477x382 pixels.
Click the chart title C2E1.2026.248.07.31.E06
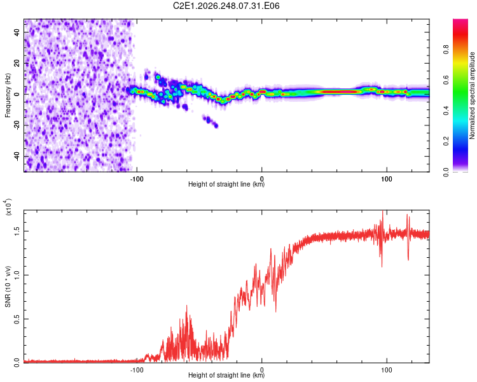[226, 6]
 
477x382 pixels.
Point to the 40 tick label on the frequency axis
[17, 32]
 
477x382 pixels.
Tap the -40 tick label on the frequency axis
[17, 157]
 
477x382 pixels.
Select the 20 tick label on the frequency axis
[17, 64]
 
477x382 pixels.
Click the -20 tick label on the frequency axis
[17, 125]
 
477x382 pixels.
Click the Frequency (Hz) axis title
[8, 95]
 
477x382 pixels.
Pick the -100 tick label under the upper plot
[137, 179]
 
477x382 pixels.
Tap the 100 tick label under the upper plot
[387, 179]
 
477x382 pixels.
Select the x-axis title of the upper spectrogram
[226, 184]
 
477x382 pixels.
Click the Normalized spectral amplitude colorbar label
[472, 95]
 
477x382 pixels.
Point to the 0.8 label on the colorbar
[446, 49]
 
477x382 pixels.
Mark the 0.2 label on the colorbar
[446, 141]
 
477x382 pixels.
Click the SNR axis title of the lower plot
[8, 286]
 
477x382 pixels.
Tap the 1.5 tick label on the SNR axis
[17, 231]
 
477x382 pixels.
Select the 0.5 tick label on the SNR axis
[17, 319]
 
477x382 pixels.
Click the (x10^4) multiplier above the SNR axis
[8, 207]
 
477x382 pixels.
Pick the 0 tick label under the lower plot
[261, 370]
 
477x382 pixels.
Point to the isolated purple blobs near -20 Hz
[211, 121]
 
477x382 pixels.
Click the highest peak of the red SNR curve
[382, 211]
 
